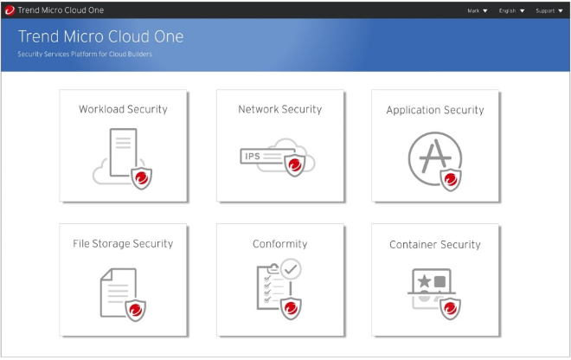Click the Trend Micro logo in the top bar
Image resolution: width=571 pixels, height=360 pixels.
[x=10, y=10]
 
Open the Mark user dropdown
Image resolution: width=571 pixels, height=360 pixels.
[x=477, y=11]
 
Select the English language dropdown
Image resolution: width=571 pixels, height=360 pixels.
[x=511, y=11]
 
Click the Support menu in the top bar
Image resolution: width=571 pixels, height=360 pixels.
[x=549, y=11]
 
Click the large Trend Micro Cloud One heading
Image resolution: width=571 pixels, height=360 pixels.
[x=101, y=36]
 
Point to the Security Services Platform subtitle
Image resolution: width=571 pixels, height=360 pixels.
[x=85, y=55]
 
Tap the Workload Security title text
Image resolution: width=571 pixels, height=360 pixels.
[x=123, y=109]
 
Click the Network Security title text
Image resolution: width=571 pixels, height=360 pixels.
[x=280, y=109]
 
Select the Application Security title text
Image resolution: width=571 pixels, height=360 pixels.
[x=435, y=110]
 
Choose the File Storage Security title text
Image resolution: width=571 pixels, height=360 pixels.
[x=123, y=244]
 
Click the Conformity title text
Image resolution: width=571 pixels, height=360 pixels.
[x=280, y=244]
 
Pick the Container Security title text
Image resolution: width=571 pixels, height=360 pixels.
[x=435, y=245]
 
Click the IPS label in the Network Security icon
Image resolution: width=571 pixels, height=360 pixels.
[x=253, y=157]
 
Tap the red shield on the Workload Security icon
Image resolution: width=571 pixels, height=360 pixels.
[x=142, y=177]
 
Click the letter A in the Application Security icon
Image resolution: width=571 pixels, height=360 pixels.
[x=435, y=156]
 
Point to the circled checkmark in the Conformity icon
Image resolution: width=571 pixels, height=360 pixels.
[x=291, y=269]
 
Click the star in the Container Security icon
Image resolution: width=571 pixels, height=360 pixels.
[x=424, y=281]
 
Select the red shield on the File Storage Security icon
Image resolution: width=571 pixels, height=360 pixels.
[x=136, y=310]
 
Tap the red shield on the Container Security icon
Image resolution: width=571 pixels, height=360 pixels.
[x=451, y=309]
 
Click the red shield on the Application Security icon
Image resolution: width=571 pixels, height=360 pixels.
[x=451, y=180]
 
